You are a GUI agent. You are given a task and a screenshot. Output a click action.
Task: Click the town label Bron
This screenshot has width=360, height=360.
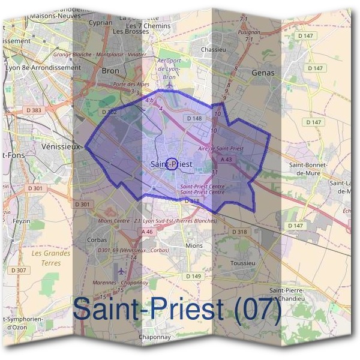(111, 70)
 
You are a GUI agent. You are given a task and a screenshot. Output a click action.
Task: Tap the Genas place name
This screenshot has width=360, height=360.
(263, 73)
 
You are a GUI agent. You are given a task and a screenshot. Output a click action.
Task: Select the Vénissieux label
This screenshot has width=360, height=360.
(61, 146)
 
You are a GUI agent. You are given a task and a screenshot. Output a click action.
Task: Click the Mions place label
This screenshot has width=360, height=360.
(194, 245)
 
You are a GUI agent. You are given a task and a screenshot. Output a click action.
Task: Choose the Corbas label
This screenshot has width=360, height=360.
(97, 239)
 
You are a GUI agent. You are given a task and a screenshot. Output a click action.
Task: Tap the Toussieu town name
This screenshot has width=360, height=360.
(243, 263)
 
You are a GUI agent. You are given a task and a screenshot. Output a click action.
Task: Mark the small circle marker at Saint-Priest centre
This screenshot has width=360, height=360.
(171, 164)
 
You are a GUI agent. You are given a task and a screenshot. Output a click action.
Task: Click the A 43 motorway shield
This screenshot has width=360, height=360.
(226, 160)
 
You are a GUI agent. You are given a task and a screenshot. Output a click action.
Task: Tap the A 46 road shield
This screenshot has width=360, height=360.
(148, 231)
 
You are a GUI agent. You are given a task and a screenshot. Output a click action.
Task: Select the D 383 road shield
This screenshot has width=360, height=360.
(34, 110)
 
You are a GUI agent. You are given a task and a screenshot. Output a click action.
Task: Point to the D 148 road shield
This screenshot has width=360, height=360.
(194, 119)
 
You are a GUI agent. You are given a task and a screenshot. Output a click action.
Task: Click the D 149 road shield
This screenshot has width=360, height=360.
(193, 276)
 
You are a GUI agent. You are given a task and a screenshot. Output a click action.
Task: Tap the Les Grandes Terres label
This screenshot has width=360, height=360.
(51, 257)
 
